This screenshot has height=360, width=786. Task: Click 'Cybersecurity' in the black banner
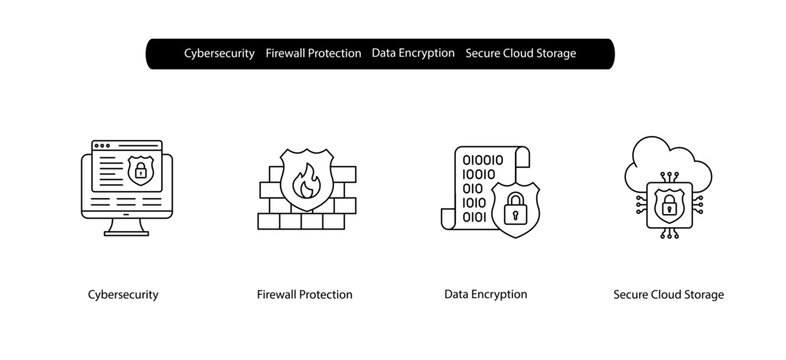219,53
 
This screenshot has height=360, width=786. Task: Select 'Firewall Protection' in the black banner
313,53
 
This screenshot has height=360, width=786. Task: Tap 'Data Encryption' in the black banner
413,53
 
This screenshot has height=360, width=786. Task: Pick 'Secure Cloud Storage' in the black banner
520,53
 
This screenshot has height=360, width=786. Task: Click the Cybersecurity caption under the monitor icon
123,295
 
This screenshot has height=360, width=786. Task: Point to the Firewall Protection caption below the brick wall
304,295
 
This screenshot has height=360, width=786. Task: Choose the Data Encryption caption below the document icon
485,294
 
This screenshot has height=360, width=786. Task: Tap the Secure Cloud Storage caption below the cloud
668,295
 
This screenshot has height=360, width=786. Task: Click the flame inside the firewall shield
305,182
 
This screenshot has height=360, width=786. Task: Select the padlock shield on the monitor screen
140,171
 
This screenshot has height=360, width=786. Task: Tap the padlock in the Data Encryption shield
516,211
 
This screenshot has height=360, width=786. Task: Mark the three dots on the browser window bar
102,147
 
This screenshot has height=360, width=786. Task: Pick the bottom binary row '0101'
475,216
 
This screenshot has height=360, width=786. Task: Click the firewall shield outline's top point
305,151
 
